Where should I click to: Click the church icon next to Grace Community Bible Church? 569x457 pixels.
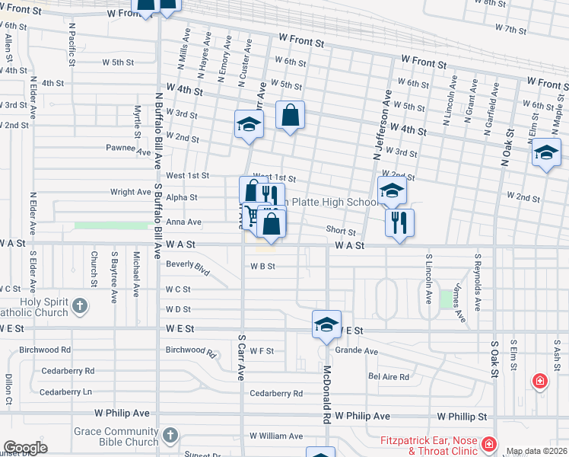(169, 436)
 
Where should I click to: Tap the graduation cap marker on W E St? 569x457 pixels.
(326, 324)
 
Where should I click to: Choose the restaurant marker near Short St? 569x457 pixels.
(399, 222)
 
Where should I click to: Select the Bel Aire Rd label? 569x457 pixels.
(389, 376)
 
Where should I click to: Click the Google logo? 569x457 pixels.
(25, 448)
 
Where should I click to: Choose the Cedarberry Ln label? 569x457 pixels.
(65, 391)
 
